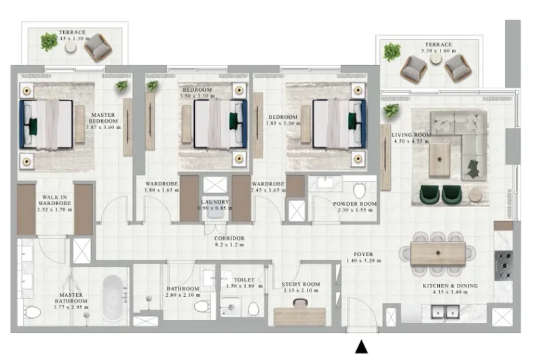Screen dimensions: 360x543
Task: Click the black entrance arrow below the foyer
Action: pyautogui.click(x=362, y=347)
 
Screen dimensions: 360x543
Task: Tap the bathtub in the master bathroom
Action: pyautogui.click(x=115, y=297)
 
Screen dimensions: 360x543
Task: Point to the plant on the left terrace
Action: pyautogui.click(x=49, y=42)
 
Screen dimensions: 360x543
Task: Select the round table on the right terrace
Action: pyautogui.click(x=436, y=59)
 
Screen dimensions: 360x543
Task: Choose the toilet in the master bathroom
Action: pyautogui.click(x=32, y=312)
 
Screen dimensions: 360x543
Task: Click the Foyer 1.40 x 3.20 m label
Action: pyautogui.click(x=359, y=258)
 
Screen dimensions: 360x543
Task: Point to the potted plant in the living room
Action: pyautogui.click(x=390, y=111)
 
